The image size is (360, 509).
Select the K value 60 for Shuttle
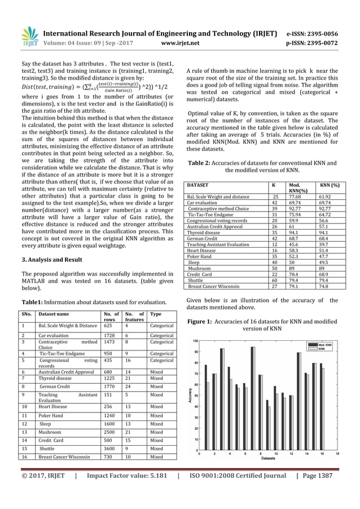point(274,279)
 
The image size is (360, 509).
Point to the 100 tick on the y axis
point(195,341)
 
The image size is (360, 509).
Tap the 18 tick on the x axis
point(337,454)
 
